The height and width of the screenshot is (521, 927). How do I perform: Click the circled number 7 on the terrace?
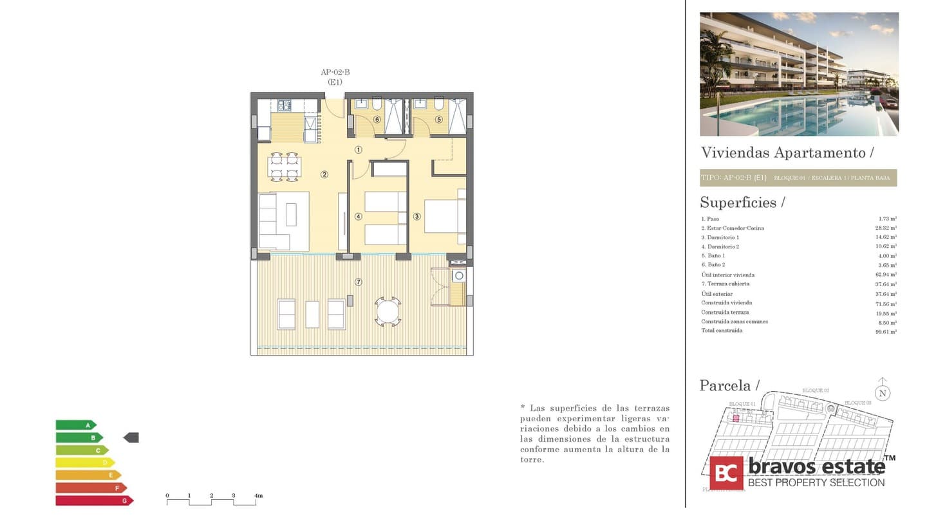point(359,282)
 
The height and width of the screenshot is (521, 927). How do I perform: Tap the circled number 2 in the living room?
point(324,174)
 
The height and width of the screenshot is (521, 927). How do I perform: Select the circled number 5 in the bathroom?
point(439,119)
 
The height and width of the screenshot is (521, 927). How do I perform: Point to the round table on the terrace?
point(388,312)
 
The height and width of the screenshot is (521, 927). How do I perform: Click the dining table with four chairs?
point(284,167)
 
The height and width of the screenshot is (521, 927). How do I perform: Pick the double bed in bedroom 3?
point(444,216)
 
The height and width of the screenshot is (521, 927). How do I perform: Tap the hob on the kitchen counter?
point(284,105)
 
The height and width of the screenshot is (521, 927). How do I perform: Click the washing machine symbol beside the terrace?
point(458,276)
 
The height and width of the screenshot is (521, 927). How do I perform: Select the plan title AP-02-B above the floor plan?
point(335,73)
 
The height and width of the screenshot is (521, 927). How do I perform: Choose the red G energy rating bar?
point(94,500)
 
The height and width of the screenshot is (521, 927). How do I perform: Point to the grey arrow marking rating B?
point(131,437)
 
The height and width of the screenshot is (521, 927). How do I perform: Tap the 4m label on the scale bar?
point(258,496)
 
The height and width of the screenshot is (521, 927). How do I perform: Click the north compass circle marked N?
point(883,393)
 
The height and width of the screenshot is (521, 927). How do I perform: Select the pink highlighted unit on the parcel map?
point(735,418)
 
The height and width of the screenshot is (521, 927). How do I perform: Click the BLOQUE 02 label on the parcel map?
point(815,390)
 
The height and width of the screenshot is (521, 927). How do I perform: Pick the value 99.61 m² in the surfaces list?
point(887,331)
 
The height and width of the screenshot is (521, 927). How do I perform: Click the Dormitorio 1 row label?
point(720,237)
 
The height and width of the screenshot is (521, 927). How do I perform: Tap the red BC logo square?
point(726,473)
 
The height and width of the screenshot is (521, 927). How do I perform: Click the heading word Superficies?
point(738,203)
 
